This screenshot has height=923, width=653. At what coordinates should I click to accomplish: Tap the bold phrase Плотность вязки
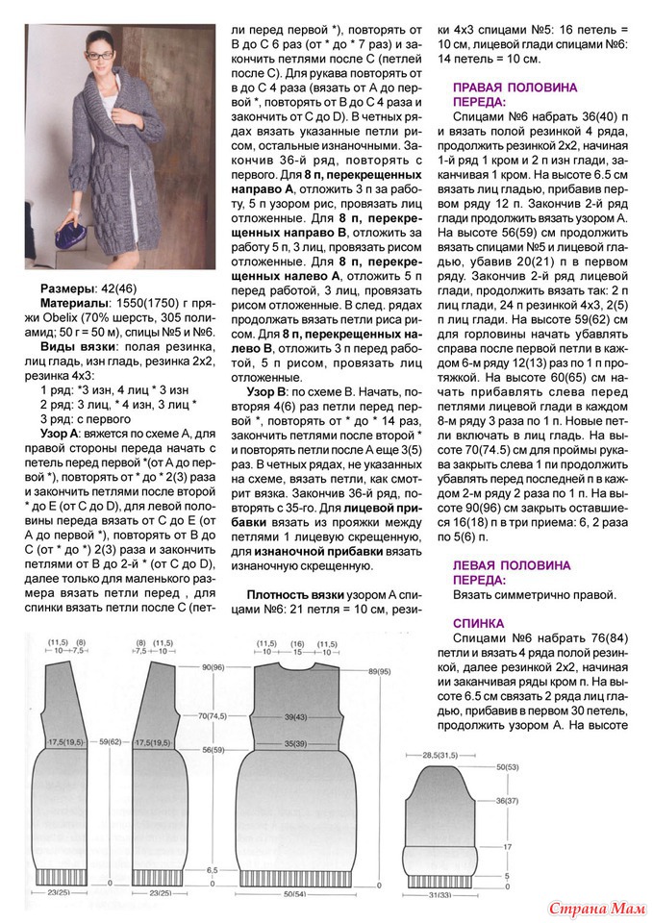(294, 595)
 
